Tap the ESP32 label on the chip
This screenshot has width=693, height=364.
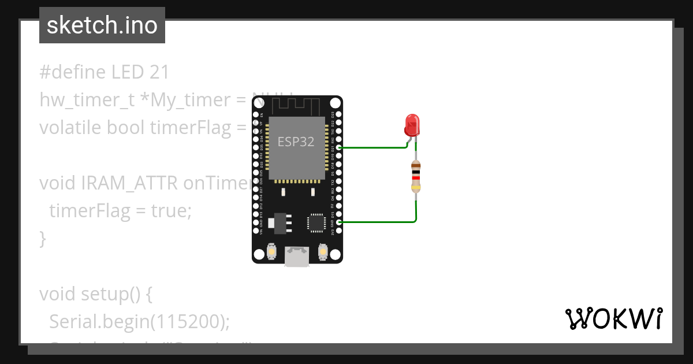296,142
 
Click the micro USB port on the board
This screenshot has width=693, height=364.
297,257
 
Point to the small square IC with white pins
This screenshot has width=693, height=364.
316,222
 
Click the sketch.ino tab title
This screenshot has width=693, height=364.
102,25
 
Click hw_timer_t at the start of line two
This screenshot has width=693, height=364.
87,100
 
